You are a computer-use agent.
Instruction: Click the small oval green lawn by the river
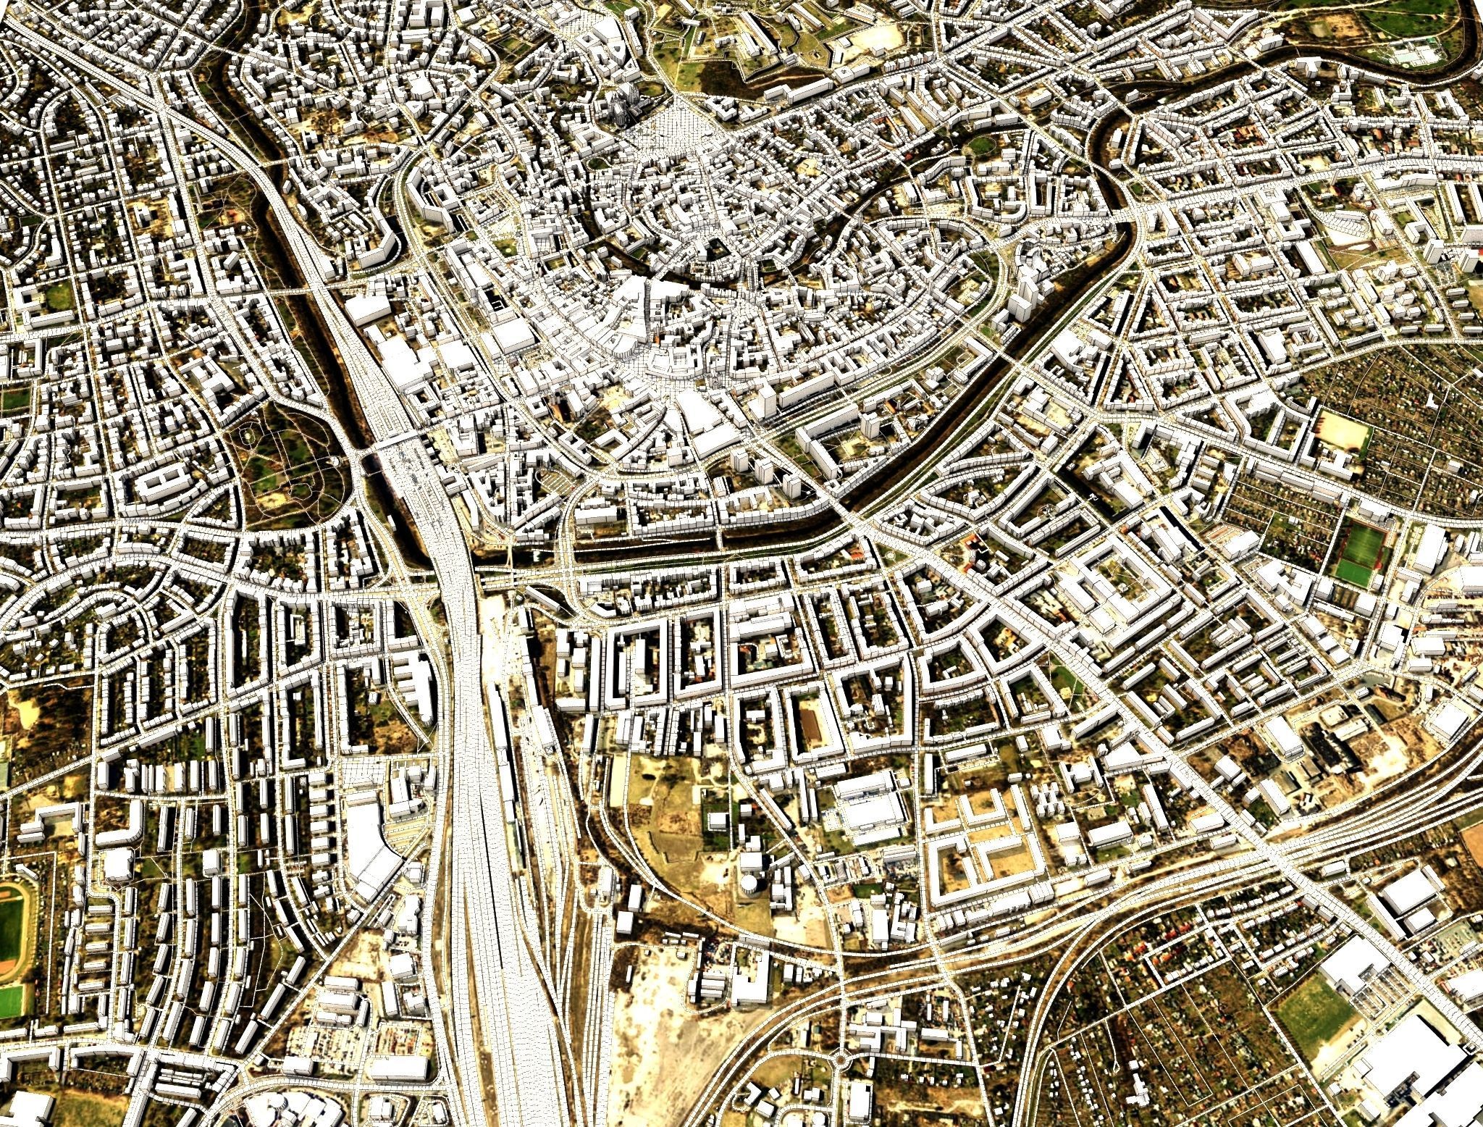coord(981,145)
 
